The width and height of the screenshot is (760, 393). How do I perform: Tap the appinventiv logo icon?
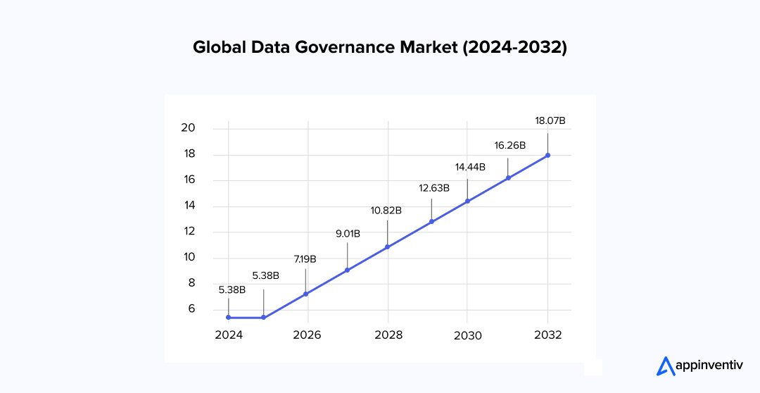(x=665, y=366)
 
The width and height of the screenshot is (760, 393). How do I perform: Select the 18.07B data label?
(x=550, y=120)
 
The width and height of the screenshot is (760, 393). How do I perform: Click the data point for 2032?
(x=548, y=156)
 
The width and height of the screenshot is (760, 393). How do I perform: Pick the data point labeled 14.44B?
(x=467, y=201)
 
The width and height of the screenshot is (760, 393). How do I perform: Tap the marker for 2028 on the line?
(x=388, y=247)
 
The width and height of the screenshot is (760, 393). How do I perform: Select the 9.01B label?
(x=348, y=233)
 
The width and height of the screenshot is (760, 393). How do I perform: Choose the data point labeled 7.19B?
(x=305, y=294)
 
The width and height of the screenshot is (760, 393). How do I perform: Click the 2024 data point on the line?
(x=229, y=318)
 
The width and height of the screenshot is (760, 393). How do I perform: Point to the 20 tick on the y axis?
(x=188, y=128)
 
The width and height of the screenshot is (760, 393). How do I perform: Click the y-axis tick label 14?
(x=188, y=206)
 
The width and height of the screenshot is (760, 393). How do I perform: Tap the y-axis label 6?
(x=191, y=309)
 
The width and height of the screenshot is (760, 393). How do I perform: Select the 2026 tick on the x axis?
(x=308, y=335)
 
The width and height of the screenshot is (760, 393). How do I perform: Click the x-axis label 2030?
(x=467, y=335)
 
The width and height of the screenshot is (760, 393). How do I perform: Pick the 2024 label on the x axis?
(x=229, y=335)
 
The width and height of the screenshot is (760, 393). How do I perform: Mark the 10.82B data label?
(x=386, y=210)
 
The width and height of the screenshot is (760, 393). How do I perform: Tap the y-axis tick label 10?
(x=188, y=258)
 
